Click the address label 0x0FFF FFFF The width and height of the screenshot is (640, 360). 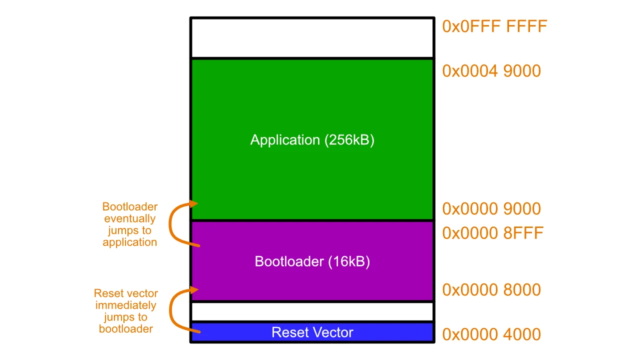pos(494,26)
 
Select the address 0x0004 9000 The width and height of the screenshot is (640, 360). pos(491,71)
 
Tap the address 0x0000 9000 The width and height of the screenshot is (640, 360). pos(491,208)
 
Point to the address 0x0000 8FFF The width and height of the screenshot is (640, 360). pos(492,233)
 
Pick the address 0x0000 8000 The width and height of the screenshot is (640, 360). pos(491,289)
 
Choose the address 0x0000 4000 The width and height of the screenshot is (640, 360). pos(491,334)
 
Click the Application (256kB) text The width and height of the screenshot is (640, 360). pos(312,140)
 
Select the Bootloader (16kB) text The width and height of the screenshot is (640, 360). pos(312,261)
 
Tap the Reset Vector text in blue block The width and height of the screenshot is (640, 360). pos(312,332)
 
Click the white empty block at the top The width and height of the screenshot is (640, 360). pos(312,38)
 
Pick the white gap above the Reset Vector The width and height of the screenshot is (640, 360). pos(312,311)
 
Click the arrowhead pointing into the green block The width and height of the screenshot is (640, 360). pos(194,203)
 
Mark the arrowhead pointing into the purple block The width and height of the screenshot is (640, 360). pos(194,289)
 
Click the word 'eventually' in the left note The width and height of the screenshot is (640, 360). pos(130,219)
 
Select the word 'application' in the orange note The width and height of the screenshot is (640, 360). pos(130,242)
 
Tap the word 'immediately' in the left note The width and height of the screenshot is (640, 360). pos(126,305)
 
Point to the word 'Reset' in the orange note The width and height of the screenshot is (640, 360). pos(108,293)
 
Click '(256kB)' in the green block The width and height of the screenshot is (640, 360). pos(349,140)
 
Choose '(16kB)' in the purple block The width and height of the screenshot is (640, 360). pos(349,261)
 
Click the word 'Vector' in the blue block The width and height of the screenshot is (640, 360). pos(333,332)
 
